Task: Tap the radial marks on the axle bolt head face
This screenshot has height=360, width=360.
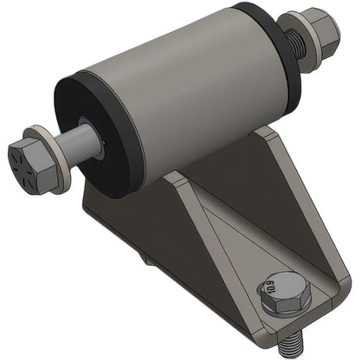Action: pyautogui.click(x=22, y=162)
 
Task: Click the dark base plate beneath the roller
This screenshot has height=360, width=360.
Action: pyautogui.click(x=121, y=216)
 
